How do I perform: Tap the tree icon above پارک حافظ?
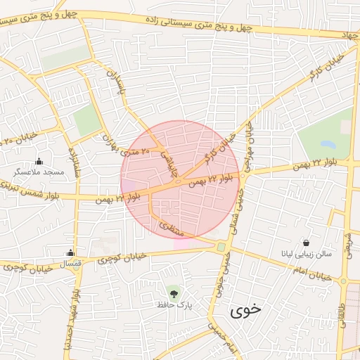pyautogui.click(x=173, y=291)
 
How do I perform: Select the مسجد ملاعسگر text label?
pyautogui.click(x=42, y=172)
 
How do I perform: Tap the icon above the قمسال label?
pyautogui.click(x=70, y=252)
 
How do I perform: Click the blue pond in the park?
pyautogui.click(x=328, y=145)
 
